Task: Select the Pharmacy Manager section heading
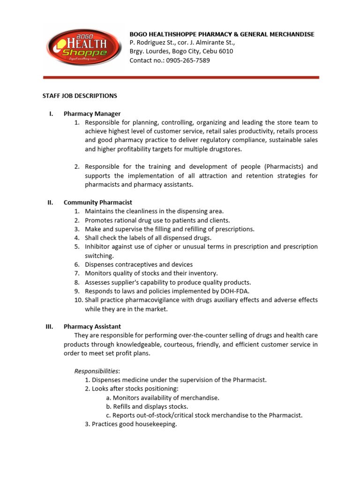92,113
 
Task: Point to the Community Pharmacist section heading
98,202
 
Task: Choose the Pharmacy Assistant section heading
92,326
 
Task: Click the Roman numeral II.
50,202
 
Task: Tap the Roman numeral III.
50,326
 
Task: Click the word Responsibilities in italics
97,371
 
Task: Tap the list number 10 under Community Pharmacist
78,300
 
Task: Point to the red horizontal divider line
181,77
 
